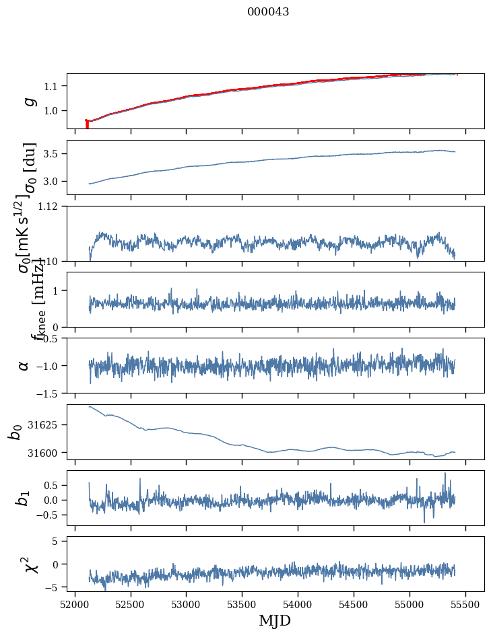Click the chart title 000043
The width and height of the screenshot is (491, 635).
click(268, 12)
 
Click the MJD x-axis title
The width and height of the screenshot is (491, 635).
click(275, 620)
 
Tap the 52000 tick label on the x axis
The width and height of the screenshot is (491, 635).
click(75, 603)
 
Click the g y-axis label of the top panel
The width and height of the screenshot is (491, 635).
click(28, 101)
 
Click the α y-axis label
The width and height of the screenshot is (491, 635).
click(24, 365)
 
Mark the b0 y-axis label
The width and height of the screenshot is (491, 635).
click(15, 432)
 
